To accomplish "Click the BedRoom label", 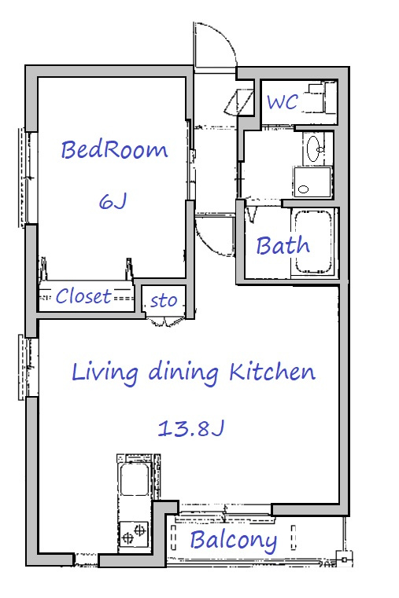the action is coord(114,150).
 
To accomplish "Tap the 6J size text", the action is coord(113,201).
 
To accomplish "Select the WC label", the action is coord(283,102).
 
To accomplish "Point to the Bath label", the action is coord(283,245).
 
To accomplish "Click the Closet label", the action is coord(83,296).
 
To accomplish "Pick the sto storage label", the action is coord(164,300).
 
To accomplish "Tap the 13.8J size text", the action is coord(190,428).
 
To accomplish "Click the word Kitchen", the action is coord(272,372).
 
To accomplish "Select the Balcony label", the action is coord(234,541).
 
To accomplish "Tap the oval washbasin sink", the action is coord(314,149).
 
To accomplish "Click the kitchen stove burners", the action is coord(134,533).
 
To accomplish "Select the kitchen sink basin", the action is coord(134,479).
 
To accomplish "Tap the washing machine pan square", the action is coord(312,182).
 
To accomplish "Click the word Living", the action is coord(105,372).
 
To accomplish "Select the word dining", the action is coord(183,372).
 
